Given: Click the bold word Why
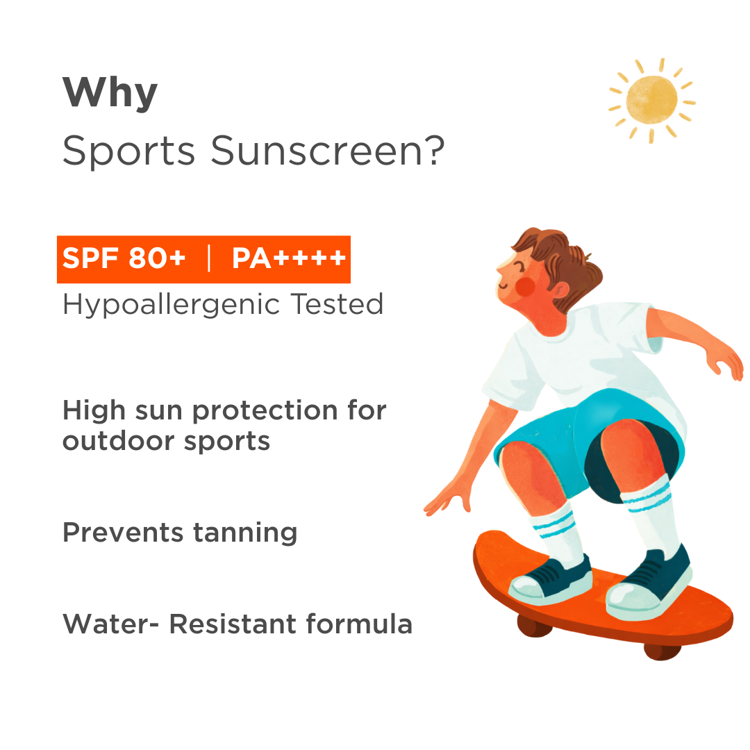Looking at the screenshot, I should pyautogui.click(x=110, y=94).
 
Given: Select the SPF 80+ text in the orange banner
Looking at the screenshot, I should pyautogui.click(x=124, y=259).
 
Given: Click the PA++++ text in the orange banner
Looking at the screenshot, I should pyautogui.click(x=288, y=259).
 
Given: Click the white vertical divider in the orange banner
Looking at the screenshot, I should pyautogui.click(x=209, y=259).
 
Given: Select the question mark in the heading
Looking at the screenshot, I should pyautogui.click(x=432, y=151).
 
